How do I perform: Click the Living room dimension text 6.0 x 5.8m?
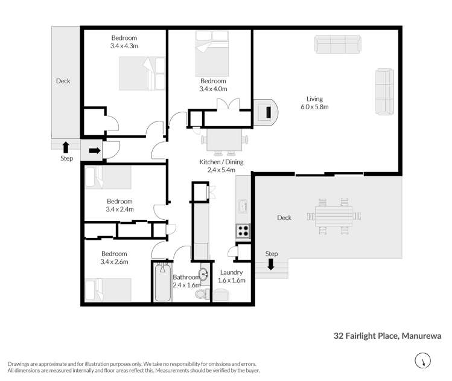click(314, 107)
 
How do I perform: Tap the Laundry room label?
click(231, 272)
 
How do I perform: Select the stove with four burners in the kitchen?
click(243, 230)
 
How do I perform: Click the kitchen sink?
click(243, 207)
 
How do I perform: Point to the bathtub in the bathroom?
click(162, 282)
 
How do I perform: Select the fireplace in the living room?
click(264, 112)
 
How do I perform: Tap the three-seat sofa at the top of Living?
click(337, 44)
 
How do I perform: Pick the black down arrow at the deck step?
click(271, 264)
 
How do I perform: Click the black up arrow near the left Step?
click(66, 146)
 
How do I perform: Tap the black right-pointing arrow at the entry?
click(94, 151)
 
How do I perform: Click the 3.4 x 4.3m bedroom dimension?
click(124, 45)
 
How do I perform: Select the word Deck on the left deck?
click(63, 81)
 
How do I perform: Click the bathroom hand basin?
click(204, 275)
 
